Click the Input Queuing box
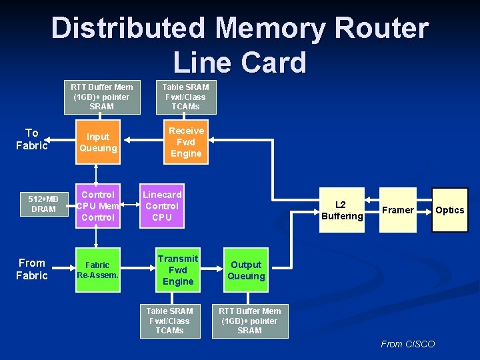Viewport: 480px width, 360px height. (98, 142)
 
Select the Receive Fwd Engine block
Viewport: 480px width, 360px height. (186, 142)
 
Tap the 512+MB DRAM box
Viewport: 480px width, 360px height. (43, 204)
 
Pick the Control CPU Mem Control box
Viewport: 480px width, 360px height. (98, 206)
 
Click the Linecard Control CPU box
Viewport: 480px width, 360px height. (162, 206)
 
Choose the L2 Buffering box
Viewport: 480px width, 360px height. (342, 210)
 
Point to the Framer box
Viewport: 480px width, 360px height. (398, 210)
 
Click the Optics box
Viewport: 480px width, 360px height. (449, 210)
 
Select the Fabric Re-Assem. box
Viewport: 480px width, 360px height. (98, 269)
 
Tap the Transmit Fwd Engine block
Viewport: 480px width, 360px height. (178, 269)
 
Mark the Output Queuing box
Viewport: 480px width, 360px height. (246, 270)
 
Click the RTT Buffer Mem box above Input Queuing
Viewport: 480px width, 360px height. (101, 97)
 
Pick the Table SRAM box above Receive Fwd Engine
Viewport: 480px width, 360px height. (186, 97)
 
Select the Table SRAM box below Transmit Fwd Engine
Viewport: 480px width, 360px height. (169, 321)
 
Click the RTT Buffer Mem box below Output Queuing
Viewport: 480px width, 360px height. (249, 321)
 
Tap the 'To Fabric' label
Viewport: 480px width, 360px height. (31, 139)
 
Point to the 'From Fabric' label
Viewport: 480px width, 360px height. (31, 269)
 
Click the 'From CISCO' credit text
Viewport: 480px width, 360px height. (407, 344)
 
